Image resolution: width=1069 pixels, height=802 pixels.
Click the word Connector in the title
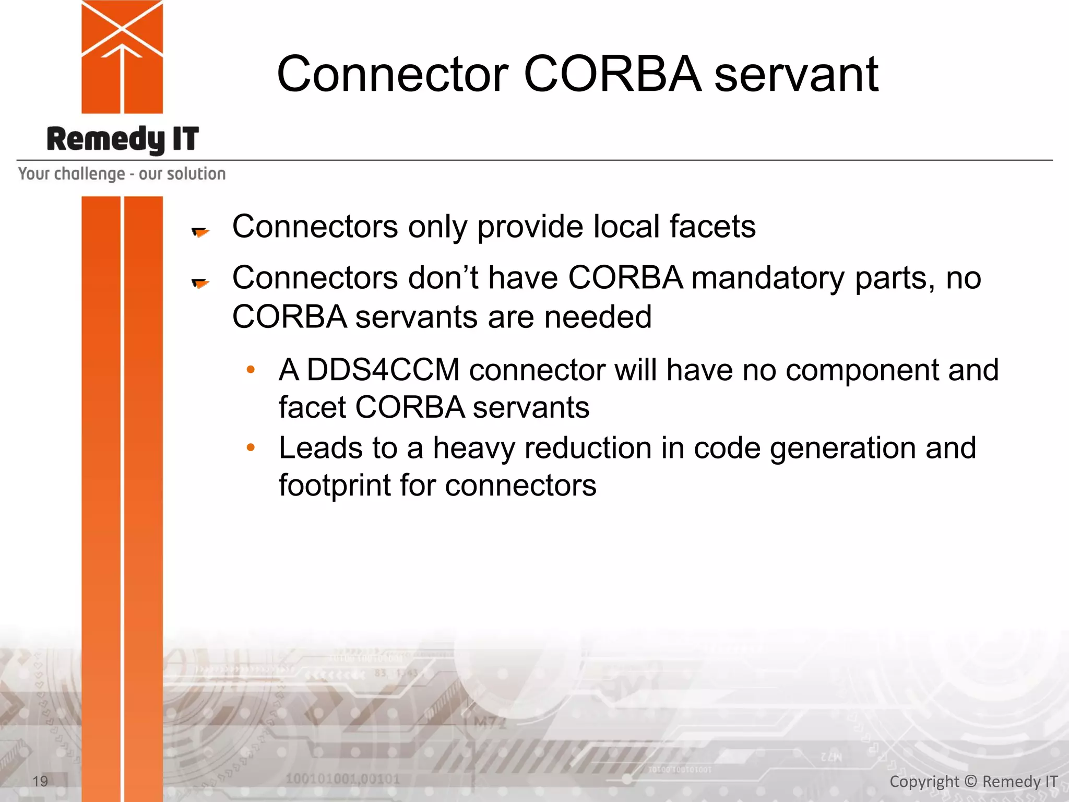(393, 74)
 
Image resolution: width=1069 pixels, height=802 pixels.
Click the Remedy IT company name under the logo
(123, 139)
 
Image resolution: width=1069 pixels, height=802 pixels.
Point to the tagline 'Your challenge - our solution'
(122, 173)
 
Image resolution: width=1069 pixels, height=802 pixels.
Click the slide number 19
(40, 781)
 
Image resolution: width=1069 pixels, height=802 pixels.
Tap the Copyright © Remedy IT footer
(973, 781)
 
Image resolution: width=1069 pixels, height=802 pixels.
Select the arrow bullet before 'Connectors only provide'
(200, 231)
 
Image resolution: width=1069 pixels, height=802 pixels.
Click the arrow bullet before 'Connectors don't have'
(200, 282)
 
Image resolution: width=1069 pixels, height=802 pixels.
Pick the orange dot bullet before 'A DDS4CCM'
(251, 370)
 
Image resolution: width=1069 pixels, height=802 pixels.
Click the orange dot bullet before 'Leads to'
(251, 447)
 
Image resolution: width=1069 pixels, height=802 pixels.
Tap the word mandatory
(768, 278)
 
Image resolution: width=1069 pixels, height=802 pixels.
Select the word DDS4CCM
(383, 370)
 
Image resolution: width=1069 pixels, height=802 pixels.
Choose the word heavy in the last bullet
(473, 449)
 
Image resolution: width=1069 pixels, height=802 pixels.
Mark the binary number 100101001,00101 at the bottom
(342, 779)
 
